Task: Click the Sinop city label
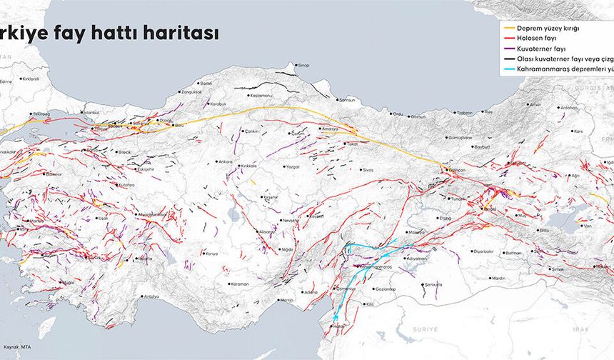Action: (303, 65)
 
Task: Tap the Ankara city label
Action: (226, 161)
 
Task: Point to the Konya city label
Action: (212, 254)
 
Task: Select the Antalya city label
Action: (151, 296)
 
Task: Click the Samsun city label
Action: (348, 100)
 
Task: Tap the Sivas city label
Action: (368, 171)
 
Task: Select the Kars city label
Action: (578, 131)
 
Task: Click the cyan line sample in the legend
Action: (508, 69)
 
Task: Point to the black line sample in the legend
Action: (508, 59)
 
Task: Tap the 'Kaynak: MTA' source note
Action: (14, 346)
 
